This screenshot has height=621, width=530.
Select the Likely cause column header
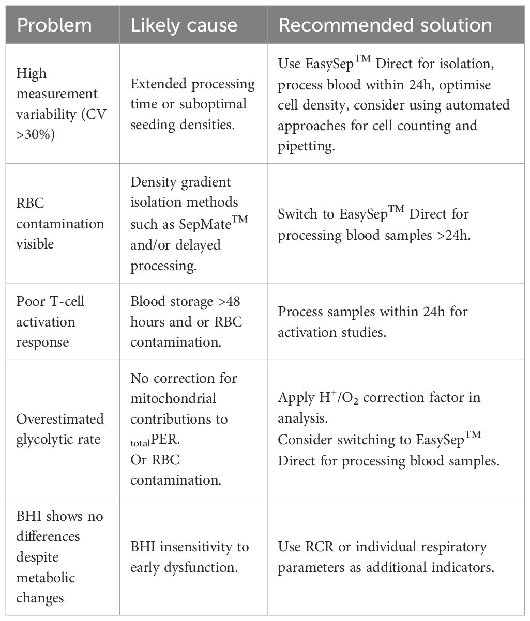(x=184, y=25)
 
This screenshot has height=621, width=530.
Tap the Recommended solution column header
(x=385, y=25)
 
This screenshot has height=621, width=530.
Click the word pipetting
(x=307, y=145)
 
